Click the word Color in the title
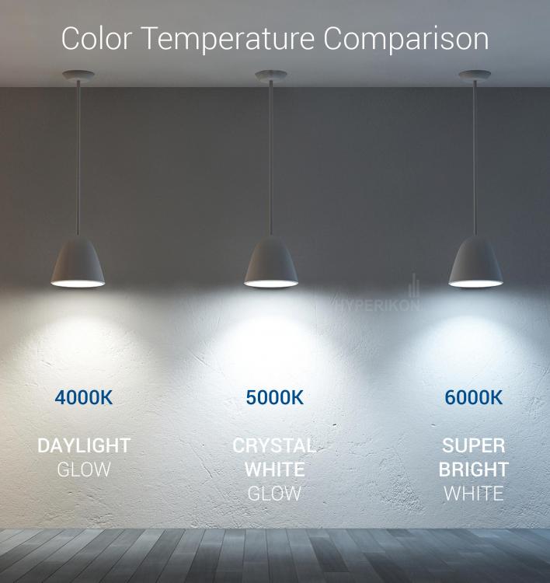pyautogui.click(x=96, y=38)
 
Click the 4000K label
pyautogui.click(x=84, y=398)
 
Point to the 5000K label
pyautogui.click(x=275, y=398)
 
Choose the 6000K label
pyautogui.click(x=474, y=398)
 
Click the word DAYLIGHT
pyautogui.click(x=84, y=446)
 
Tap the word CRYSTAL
pyautogui.click(x=274, y=446)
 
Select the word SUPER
pyautogui.click(x=474, y=446)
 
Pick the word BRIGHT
pyautogui.click(x=474, y=470)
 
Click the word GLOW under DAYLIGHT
pyautogui.click(x=84, y=470)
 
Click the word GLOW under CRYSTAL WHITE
pyautogui.click(x=274, y=494)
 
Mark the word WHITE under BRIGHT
pyautogui.click(x=474, y=494)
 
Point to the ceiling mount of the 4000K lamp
pyautogui.click(x=78, y=75)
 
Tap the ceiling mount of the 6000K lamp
pyautogui.click(x=475, y=75)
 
